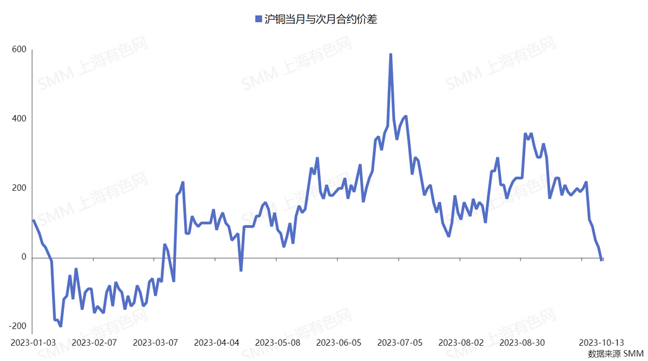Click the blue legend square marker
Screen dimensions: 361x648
[x=258, y=20]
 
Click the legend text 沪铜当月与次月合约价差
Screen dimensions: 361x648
[x=321, y=20]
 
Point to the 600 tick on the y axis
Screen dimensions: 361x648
[x=20, y=49]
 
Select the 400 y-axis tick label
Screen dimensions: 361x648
[x=20, y=119]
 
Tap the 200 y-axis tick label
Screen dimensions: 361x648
[x=20, y=188]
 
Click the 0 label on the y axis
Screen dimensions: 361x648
[x=24, y=257]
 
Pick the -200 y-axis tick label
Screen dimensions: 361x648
[x=18, y=326]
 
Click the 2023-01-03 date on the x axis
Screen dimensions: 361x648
[x=34, y=343]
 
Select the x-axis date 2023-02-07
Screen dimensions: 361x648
[x=94, y=343]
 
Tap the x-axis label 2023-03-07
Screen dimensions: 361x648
[x=156, y=343]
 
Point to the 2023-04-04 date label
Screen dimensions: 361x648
[x=216, y=343]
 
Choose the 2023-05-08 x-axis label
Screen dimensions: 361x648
[x=278, y=343]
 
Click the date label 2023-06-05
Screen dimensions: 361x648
[x=339, y=343]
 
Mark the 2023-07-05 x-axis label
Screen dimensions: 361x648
[x=400, y=343]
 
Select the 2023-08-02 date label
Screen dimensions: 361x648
[x=461, y=343]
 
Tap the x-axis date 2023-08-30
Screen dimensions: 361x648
[x=522, y=343]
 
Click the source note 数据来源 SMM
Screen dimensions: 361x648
[x=615, y=353]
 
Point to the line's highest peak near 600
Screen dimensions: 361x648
[x=390, y=54]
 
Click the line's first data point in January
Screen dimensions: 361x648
[x=34, y=220]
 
